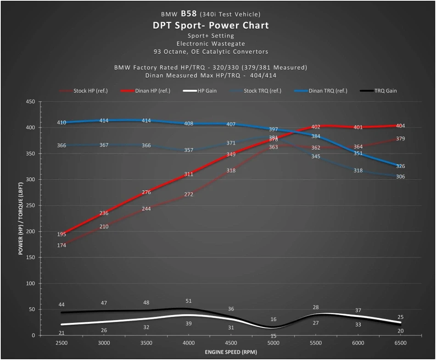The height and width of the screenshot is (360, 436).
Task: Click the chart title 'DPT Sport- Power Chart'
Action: pos(211,25)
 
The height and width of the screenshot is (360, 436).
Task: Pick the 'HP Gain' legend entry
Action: pos(207,91)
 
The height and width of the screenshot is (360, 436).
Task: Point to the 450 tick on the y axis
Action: pos(30,102)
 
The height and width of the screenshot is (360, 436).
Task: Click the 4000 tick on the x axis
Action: pos(189,343)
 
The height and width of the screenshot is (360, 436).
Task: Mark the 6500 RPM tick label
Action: pos(400,343)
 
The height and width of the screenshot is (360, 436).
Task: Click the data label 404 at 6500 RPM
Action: pos(400,126)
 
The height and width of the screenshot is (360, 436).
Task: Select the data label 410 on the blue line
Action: pos(61,122)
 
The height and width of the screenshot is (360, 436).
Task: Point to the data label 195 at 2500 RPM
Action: pos(61,234)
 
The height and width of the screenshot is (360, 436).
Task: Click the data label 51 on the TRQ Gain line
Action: pos(189,301)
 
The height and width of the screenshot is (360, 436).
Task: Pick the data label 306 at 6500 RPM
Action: pos(400,177)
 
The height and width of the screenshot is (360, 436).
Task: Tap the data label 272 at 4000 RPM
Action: pos(189,194)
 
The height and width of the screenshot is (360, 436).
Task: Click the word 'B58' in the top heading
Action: pos(190,14)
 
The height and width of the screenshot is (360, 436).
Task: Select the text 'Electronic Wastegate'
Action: pos(211,44)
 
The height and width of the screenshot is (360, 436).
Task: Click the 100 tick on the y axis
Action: pos(30,283)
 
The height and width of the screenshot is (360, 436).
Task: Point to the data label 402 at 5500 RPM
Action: pos(316,127)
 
